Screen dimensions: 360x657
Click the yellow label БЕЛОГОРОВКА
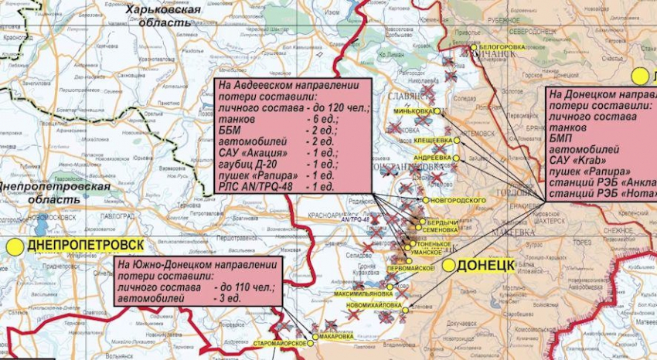click(x=502, y=46)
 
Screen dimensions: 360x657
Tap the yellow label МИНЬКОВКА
click(x=413, y=111)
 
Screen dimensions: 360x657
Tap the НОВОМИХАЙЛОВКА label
click(x=375, y=305)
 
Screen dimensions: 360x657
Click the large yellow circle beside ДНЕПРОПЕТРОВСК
click(x=15, y=246)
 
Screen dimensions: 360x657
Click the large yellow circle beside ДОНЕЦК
click(x=449, y=265)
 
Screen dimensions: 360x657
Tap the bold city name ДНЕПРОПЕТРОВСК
click(x=85, y=246)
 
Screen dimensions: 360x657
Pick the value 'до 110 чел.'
click(x=243, y=287)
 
